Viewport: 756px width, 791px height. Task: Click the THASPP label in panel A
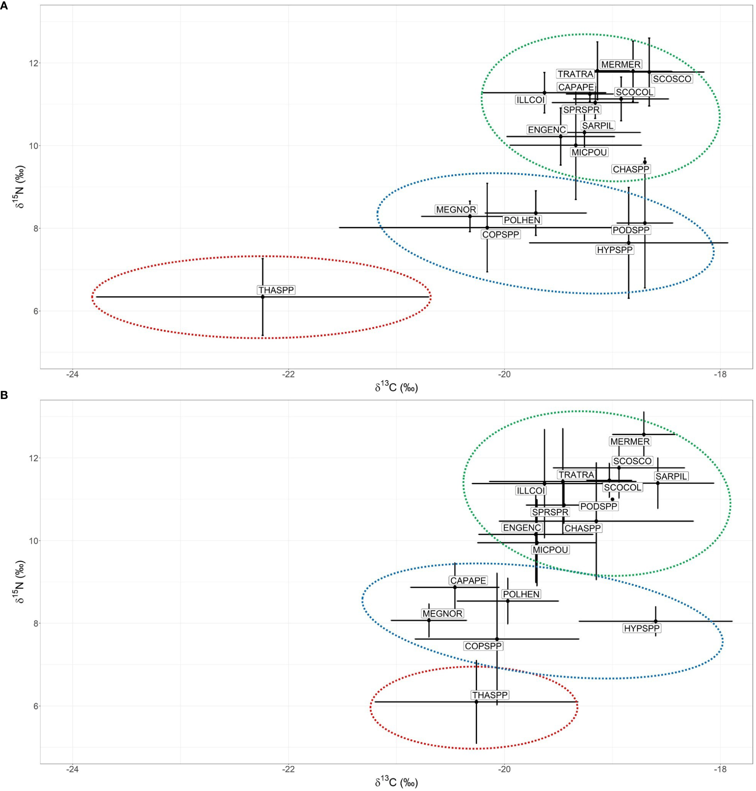276,290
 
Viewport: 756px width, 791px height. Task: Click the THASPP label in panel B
490,695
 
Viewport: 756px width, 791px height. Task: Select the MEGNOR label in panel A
456,209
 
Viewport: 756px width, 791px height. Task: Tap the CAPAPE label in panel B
468,581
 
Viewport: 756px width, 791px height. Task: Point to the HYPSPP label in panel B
642,628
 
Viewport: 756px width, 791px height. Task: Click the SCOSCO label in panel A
672,79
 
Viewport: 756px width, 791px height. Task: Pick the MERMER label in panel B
630,441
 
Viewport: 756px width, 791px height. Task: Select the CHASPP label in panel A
631,169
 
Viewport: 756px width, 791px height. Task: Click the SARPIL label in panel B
671,476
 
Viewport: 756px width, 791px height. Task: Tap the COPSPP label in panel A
500,234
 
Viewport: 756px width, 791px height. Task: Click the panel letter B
4,395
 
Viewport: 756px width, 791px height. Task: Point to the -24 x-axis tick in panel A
72,374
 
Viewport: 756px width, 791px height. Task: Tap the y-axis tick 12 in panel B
31,458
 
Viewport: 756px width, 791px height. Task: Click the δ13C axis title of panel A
396,387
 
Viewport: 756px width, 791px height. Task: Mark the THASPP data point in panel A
262,297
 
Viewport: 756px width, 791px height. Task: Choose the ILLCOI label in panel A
530,100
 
